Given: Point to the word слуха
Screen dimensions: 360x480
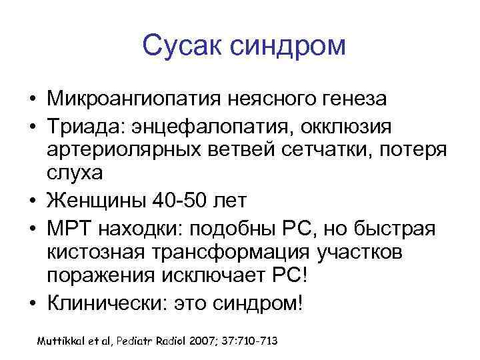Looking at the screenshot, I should (x=73, y=174).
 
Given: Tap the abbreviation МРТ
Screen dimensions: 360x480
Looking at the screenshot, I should (x=69, y=229).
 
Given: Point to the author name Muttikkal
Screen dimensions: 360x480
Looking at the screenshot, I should (x=63, y=341).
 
